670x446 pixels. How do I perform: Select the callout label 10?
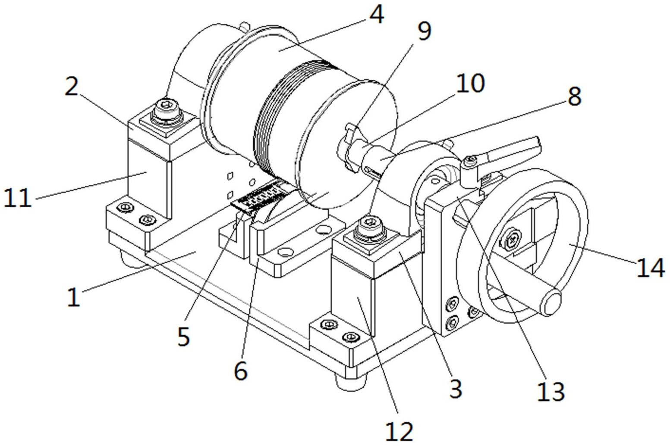tap(469, 83)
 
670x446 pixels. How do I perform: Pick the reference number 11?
tap(17, 197)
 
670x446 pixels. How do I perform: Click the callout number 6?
tap(241, 371)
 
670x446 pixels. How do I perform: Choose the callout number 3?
tap(456, 389)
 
